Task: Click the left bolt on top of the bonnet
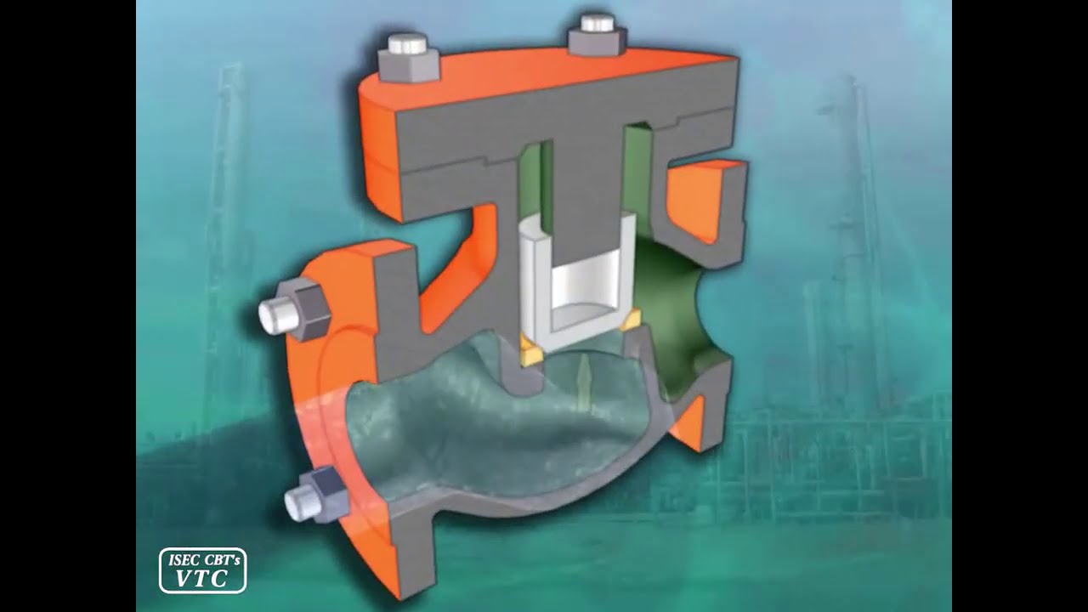[x=409, y=57]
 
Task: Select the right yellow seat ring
[x=631, y=320]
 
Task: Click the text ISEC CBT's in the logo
[x=203, y=560]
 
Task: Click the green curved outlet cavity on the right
[x=671, y=306]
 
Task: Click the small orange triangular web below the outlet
[x=690, y=425]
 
